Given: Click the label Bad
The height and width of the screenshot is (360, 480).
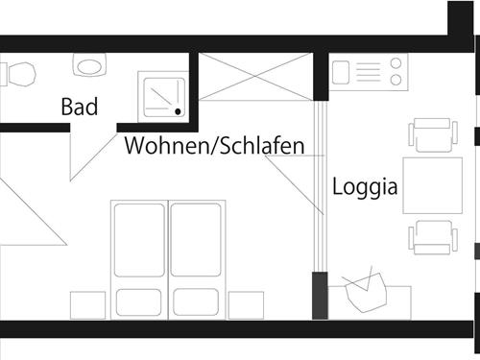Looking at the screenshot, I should [80, 106].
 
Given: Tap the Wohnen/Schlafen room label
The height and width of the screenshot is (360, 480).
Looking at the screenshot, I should [214, 146].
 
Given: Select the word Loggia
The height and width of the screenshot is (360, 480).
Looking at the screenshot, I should [366, 185].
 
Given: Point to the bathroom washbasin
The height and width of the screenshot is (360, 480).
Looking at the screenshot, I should [91, 66].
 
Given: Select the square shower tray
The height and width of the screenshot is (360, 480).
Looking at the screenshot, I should [164, 96].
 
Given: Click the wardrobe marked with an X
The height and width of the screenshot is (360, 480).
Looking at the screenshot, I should [255, 76].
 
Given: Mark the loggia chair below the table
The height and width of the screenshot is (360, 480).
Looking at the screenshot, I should [430, 236].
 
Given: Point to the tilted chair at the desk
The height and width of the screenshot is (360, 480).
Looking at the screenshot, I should [363, 290].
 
